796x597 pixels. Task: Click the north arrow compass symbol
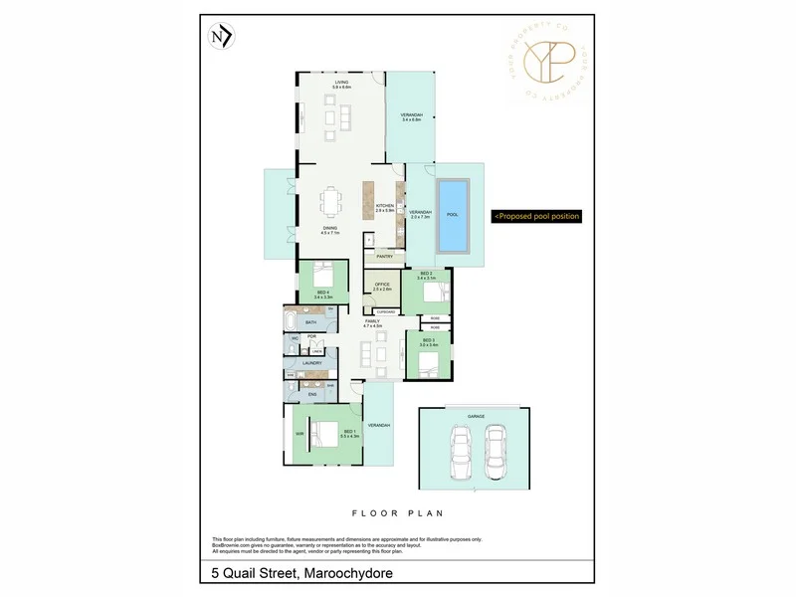click(221, 38)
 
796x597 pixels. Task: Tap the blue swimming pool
click(454, 215)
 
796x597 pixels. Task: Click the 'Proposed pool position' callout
click(536, 216)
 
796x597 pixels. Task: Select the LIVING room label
click(341, 85)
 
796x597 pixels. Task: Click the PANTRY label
click(384, 257)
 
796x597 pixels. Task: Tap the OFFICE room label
click(381, 286)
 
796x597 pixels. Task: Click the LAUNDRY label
click(310, 363)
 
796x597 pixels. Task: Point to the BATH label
click(310, 323)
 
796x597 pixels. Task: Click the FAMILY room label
click(372, 322)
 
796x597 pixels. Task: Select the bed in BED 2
click(435, 292)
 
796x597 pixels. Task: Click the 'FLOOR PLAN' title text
click(397, 513)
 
